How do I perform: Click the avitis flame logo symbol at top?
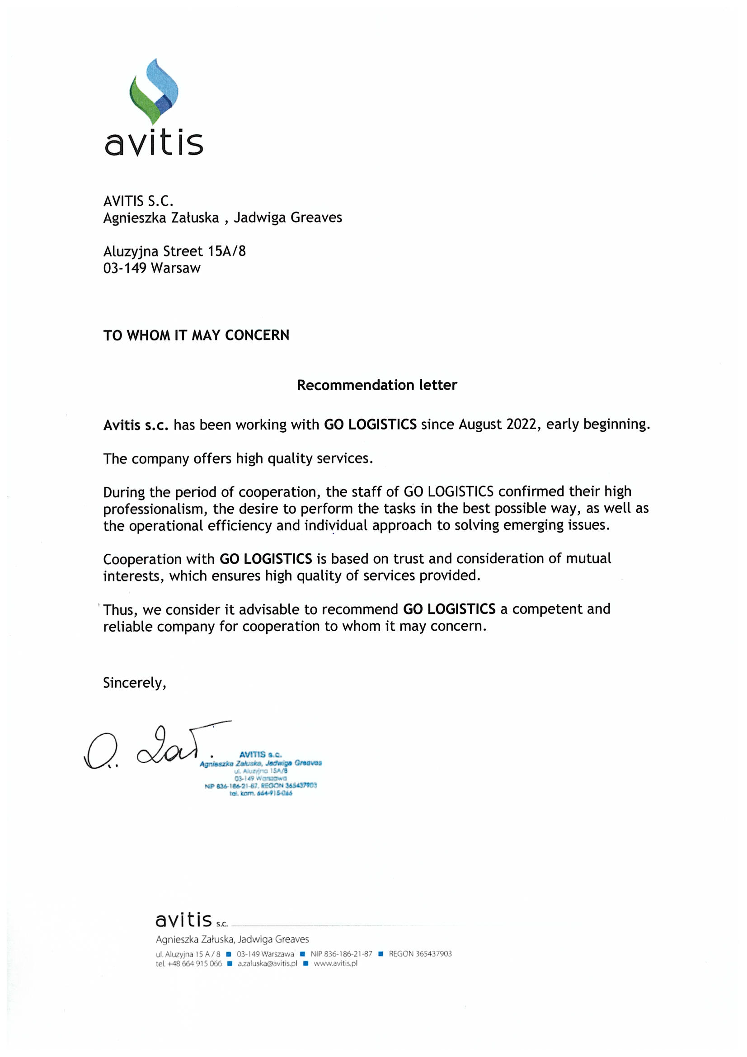pos(153,91)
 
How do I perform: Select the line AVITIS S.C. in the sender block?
pos(138,201)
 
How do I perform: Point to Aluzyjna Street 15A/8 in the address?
pos(174,251)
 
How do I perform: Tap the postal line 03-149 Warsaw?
pos(152,268)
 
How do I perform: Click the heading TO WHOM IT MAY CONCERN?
pos(196,335)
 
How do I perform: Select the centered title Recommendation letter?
pos(376,385)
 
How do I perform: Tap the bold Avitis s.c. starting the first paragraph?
pos(136,425)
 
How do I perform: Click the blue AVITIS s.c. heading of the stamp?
pos(260,755)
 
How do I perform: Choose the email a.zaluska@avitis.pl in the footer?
pos(268,963)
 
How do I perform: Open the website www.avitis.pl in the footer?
pos(335,963)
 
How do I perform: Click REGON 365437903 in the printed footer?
pos(420,953)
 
